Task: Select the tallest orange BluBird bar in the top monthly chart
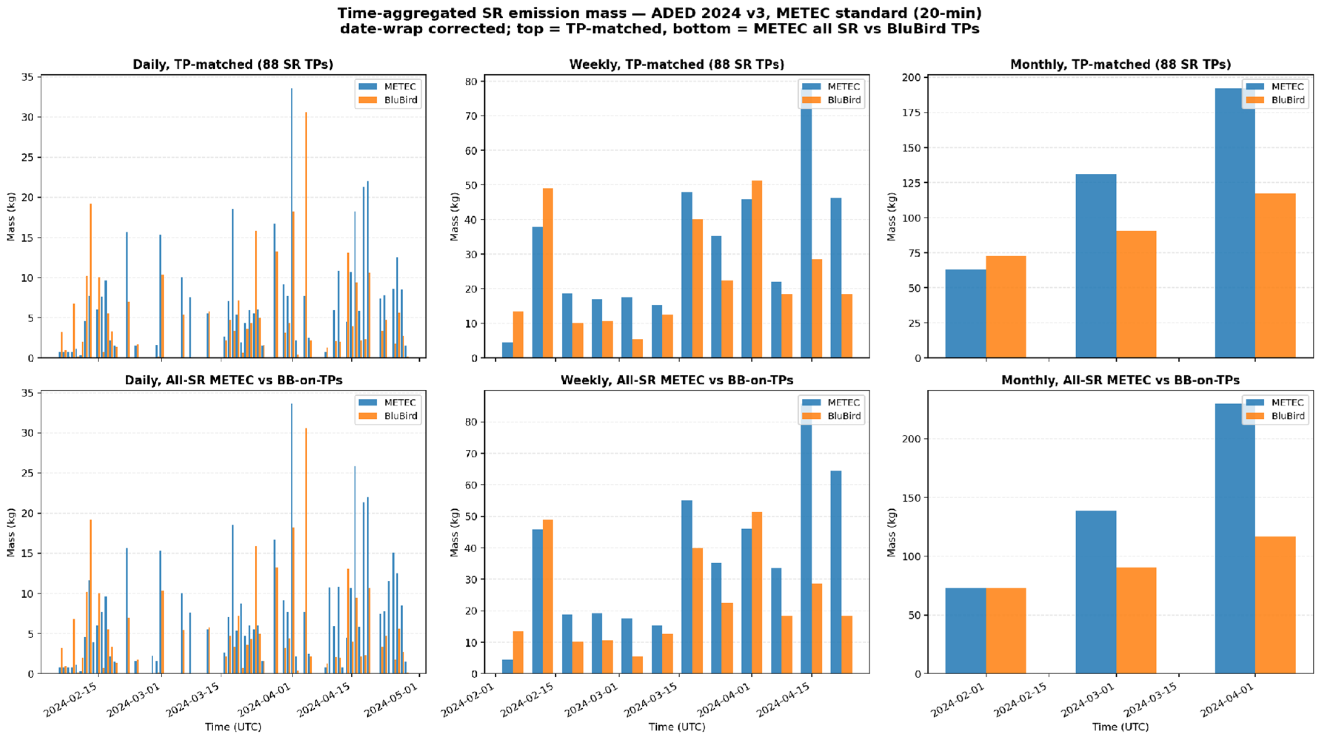pyautogui.click(x=1275, y=275)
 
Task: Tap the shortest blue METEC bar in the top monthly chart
pyautogui.click(x=965, y=313)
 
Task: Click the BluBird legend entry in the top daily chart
pyautogui.click(x=388, y=100)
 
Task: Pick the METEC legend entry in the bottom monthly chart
pyautogui.click(x=1274, y=402)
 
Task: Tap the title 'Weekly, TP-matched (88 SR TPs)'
pyautogui.click(x=676, y=64)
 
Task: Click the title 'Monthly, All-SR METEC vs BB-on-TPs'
pyautogui.click(x=1120, y=380)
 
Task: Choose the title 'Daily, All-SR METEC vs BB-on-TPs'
pyautogui.click(x=233, y=380)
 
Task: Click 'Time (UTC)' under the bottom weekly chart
pyautogui.click(x=676, y=727)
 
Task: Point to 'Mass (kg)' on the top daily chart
pyautogui.click(x=11, y=217)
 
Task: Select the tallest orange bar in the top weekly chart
pyautogui.click(x=757, y=269)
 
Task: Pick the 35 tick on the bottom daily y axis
pyautogui.click(x=28, y=393)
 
